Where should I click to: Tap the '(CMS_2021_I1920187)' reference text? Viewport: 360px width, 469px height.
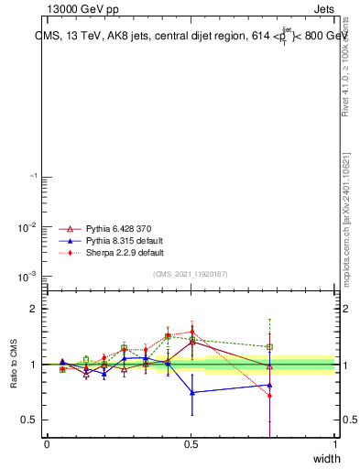(190, 275)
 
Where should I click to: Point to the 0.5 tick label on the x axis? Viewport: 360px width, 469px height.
(191, 443)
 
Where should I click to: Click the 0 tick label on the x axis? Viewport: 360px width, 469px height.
(47, 443)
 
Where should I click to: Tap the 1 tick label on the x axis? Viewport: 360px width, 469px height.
(334, 443)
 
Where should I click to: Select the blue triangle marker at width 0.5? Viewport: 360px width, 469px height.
(191, 392)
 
